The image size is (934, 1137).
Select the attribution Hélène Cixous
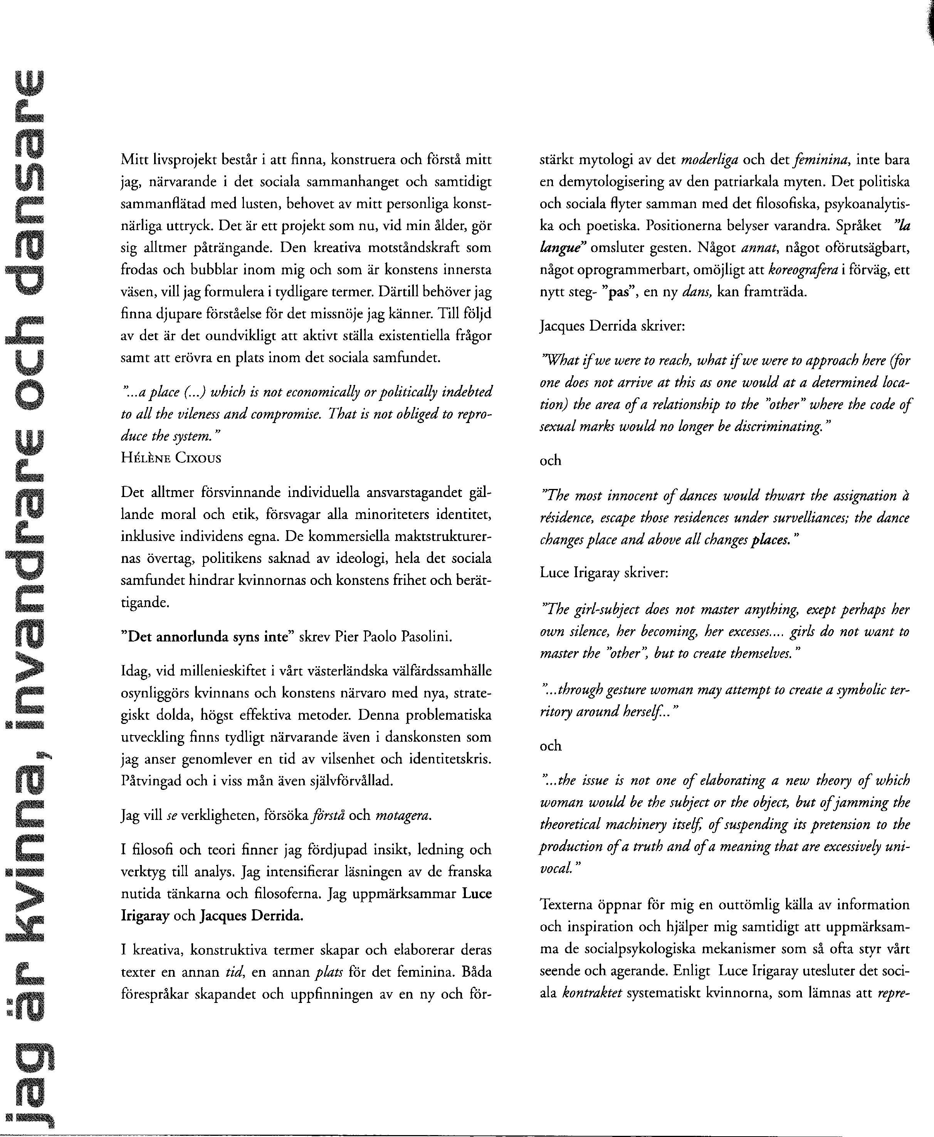(x=171, y=458)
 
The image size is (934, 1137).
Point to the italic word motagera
(x=403, y=815)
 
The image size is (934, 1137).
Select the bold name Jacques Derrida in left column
(x=251, y=915)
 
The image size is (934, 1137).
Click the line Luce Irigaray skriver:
(x=604, y=573)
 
